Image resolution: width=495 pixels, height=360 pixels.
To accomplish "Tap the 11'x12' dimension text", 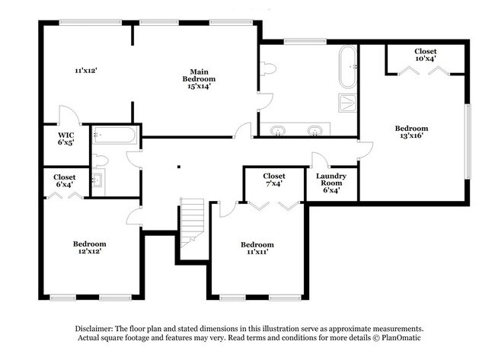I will tap(85, 71).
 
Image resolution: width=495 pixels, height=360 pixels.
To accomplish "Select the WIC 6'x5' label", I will tap(65, 138).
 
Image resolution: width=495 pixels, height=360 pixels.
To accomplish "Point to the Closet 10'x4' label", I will tap(425, 55).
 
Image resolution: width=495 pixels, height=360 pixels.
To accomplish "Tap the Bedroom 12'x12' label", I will tap(88, 247).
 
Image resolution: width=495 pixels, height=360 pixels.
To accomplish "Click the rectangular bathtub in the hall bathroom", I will tap(114, 138).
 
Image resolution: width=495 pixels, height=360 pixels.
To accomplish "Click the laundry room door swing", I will tap(319, 160).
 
